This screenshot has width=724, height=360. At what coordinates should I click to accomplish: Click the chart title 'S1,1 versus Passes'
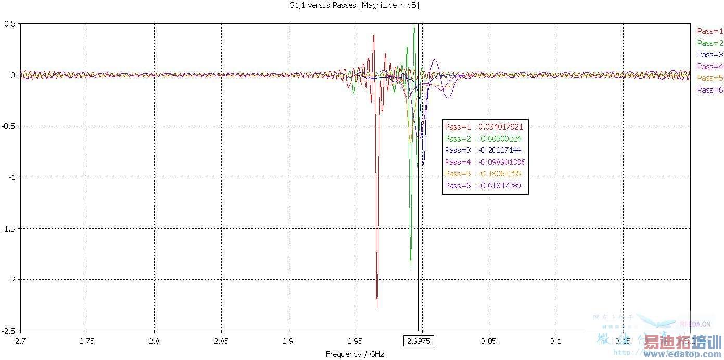pyautogui.click(x=354, y=6)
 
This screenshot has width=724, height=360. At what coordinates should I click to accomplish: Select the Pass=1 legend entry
pyautogui.click(x=710, y=31)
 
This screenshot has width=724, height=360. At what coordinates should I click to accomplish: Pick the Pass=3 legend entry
pyautogui.click(x=710, y=55)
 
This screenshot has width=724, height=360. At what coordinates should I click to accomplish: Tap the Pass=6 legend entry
pyautogui.click(x=710, y=90)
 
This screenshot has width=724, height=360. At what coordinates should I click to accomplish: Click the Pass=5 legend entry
pyautogui.click(x=710, y=78)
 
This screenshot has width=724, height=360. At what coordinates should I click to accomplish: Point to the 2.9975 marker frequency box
pyautogui.click(x=419, y=341)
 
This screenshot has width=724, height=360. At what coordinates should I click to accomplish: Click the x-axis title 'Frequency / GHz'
pyautogui.click(x=354, y=354)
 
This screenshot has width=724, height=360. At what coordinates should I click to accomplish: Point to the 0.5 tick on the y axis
pyautogui.click(x=9, y=24)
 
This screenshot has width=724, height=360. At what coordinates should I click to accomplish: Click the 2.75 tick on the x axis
pyautogui.click(x=87, y=341)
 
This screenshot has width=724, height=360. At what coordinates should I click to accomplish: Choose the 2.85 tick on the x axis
pyautogui.click(x=221, y=341)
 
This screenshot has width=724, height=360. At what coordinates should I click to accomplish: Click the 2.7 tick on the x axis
pyautogui.click(x=20, y=341)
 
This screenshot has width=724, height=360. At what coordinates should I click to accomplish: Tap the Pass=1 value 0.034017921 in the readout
pyautogui.click(x=500, y=127)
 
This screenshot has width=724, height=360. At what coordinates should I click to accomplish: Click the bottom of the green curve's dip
pyautogui.click(x=411, y=268)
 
